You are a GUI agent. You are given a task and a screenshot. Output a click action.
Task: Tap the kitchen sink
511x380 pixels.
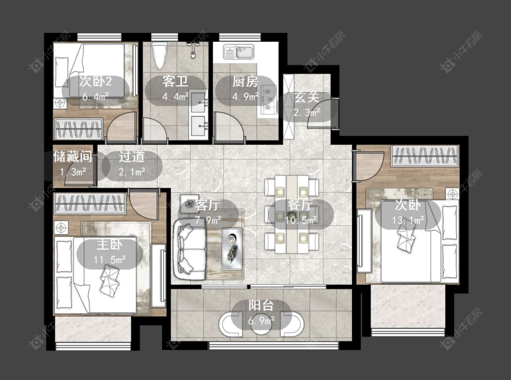click(x=238, y=52)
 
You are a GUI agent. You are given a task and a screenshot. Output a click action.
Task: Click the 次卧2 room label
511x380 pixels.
click(x=95, y=81)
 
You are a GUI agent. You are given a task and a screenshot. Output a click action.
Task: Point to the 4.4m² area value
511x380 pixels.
click(x=176, y=96)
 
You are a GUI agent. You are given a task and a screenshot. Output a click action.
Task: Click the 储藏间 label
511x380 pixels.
click(x=73, y=157)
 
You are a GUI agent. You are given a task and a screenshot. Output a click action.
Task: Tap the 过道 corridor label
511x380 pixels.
click(x=131, y=157)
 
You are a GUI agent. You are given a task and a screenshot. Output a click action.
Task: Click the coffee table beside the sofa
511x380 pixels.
click(x=232, y=249)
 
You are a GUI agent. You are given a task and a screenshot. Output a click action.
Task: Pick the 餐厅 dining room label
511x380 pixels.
click(x=301, y=205)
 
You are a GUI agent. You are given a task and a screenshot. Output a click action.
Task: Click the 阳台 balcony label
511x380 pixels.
click(x=261, y=305)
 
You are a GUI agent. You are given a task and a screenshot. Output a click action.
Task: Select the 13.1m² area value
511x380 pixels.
click(x=408, y=220)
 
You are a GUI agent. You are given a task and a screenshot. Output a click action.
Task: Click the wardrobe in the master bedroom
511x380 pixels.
click(x=90, y=204)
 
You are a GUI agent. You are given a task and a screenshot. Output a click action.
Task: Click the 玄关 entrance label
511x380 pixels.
click(x=306, y=98)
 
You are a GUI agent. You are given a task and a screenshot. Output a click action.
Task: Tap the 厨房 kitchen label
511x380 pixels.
click(x=245, y=81)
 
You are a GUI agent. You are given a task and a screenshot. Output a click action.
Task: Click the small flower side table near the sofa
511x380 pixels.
click(x=189, y=204)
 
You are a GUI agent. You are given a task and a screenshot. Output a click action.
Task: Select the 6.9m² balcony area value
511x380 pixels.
click(x=261, y=320)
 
